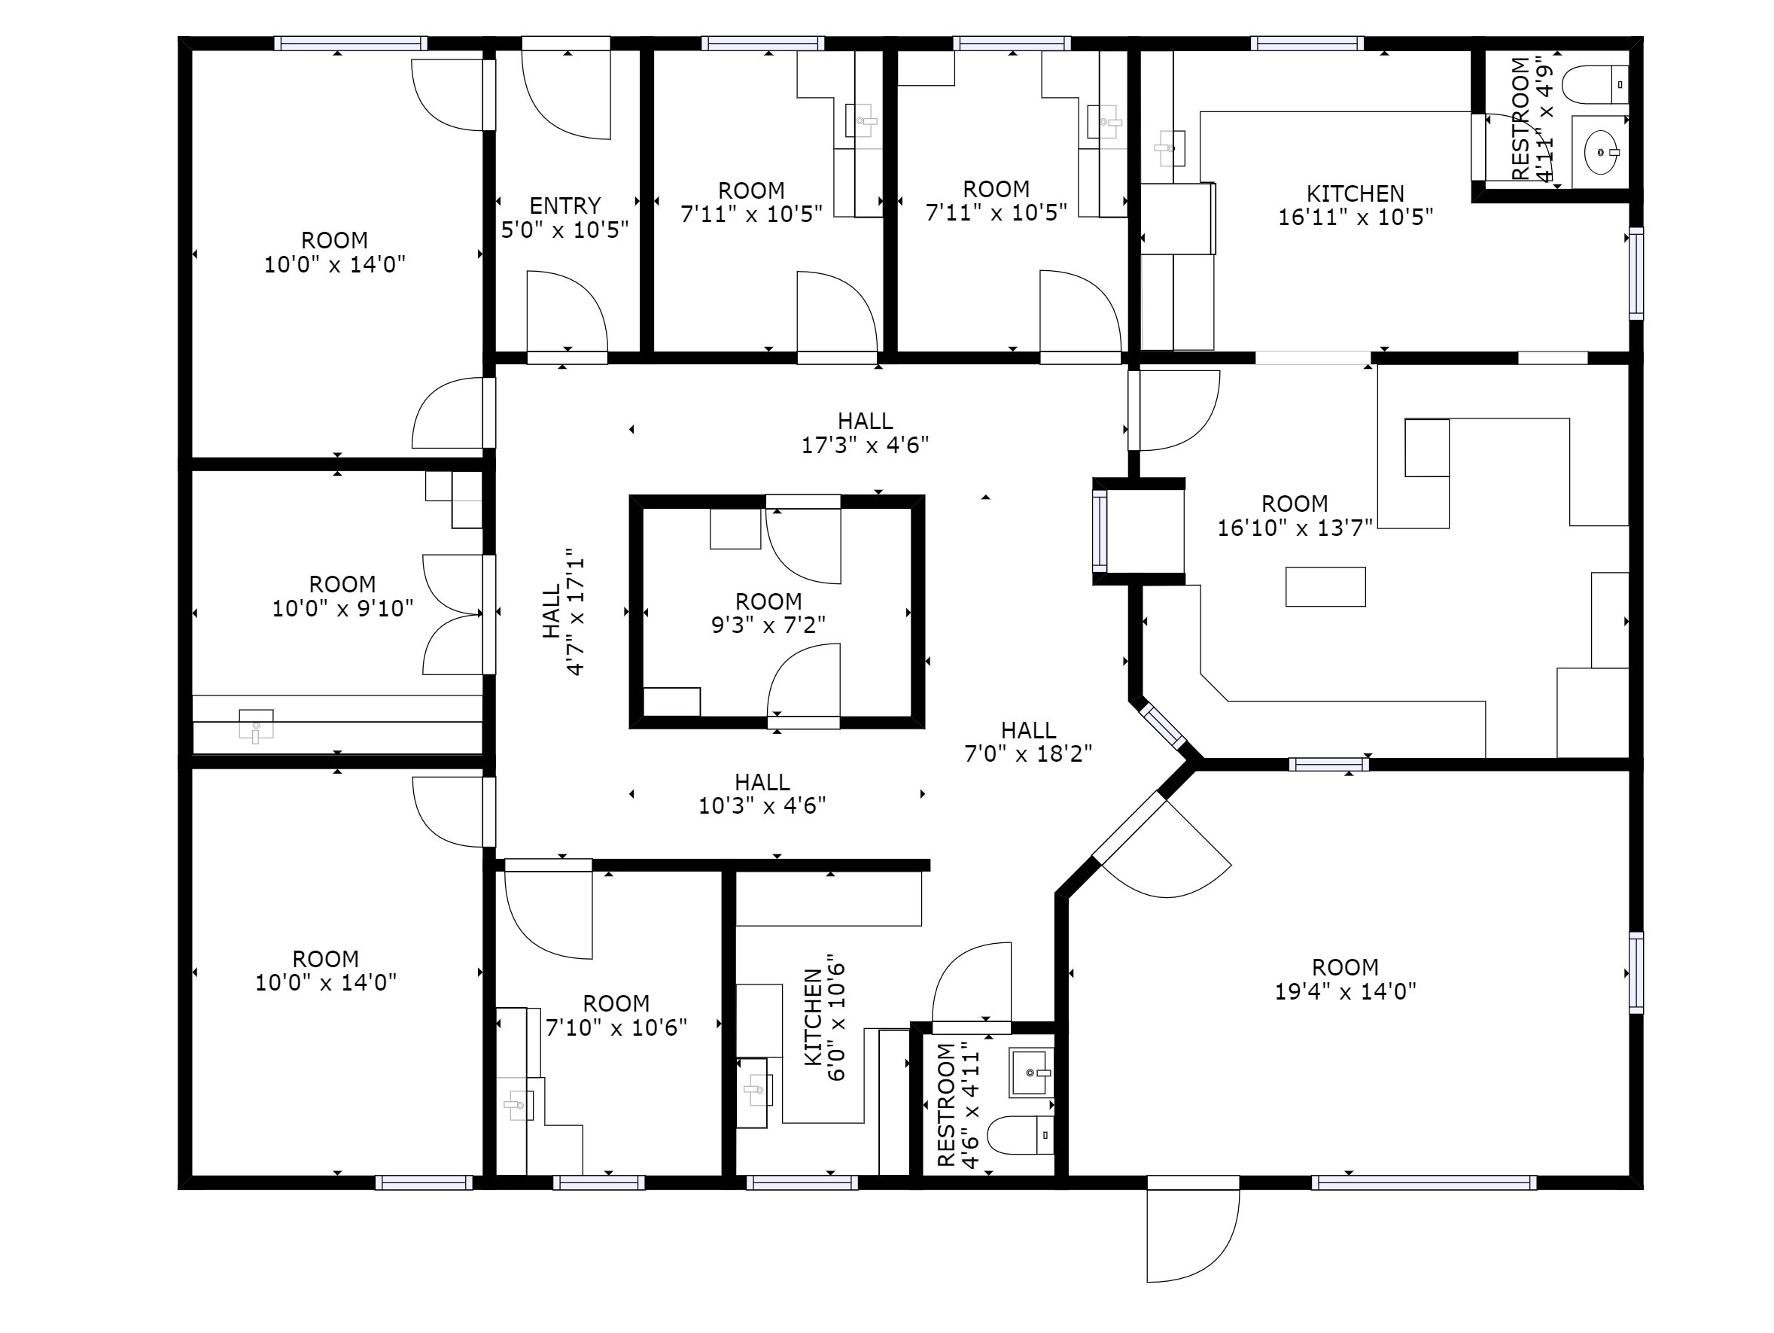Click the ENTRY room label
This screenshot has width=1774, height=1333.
(564, 205)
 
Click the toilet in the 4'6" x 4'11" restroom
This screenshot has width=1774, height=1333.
(1019, 1136)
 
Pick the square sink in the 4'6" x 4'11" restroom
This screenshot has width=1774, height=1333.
(1030, 1073)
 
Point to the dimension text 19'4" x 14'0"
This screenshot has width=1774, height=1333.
(1345, 991)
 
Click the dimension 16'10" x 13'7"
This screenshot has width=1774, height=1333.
(1295, 528)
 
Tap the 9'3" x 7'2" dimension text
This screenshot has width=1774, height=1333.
(768, 624)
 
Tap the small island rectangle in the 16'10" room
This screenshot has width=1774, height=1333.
(1325, 586)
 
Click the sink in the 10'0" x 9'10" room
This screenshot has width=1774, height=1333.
(256, 725)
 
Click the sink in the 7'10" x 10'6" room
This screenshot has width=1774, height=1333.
(518, 1105)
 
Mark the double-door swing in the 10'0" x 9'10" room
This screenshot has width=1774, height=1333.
(452, 614)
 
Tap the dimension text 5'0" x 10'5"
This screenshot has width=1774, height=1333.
(564, 230)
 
